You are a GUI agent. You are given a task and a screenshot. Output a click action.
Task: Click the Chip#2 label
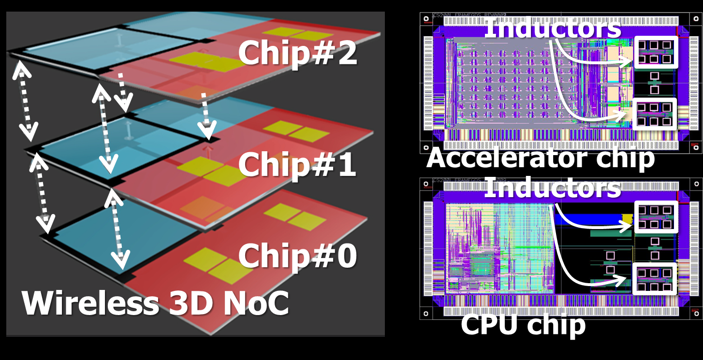297,53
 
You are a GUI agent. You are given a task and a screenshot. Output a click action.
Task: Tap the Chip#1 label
297,164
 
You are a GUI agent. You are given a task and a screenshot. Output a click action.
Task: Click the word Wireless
90,303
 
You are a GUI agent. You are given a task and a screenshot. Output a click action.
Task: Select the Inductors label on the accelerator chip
552,28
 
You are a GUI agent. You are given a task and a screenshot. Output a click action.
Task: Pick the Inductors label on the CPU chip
552,187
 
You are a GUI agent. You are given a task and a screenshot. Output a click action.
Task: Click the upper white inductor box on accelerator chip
656,52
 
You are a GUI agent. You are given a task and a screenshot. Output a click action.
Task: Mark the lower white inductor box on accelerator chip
654,114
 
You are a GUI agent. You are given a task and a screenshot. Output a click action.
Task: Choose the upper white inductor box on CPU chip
656,217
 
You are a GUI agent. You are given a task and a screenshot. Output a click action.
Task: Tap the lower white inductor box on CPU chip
654,279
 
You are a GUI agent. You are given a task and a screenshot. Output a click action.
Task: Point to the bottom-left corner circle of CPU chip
426,313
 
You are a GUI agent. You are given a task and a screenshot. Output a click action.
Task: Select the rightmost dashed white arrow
206,115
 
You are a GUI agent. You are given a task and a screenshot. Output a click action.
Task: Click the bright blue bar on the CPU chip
592,219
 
